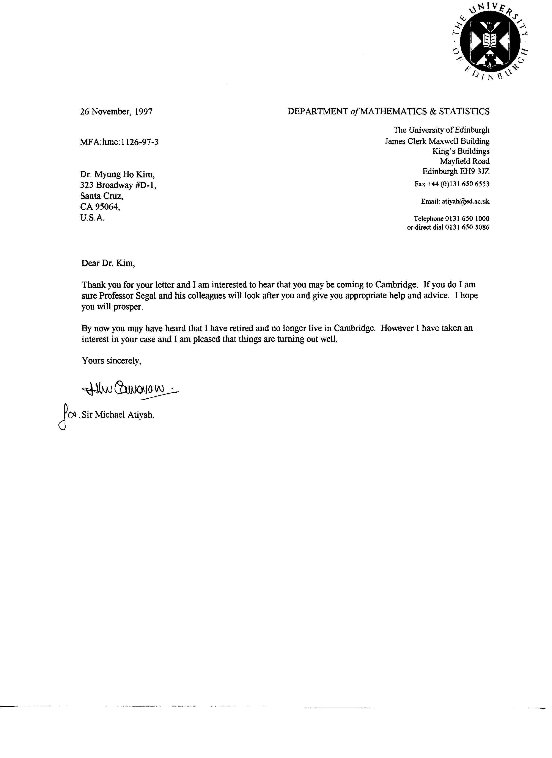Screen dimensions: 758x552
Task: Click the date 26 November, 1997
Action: [116, 112]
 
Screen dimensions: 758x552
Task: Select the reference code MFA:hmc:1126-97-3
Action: [119, 142]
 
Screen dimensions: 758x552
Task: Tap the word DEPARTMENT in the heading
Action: [318, 112]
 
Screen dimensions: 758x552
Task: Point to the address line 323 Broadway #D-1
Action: [118, 185]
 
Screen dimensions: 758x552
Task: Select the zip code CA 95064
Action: [100, 207]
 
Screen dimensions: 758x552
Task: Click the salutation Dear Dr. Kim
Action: [108, 263]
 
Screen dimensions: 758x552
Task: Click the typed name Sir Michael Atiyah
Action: [118, 415]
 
